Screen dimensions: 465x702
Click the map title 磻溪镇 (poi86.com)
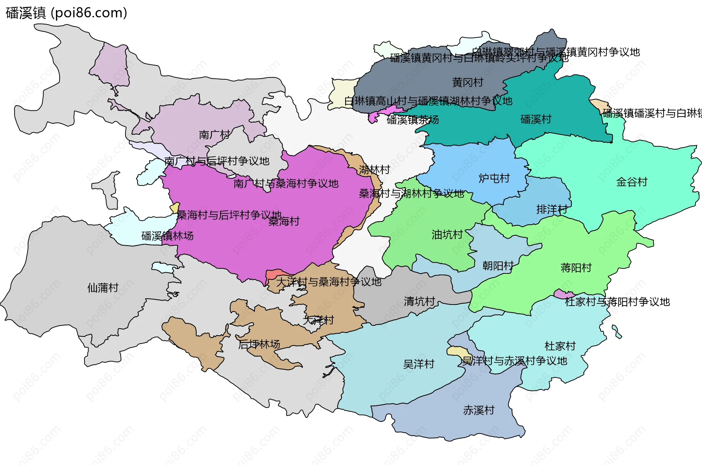click(x=67, y=13)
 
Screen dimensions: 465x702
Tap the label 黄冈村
click(x=468, y=82)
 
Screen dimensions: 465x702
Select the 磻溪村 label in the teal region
click(x=536, y=119)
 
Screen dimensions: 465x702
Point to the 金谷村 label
click(x=631, y=182)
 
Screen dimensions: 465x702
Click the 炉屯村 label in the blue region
click(x=494, y=178)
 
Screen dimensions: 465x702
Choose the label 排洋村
click(x=552, y=209)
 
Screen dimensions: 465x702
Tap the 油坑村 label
click(x=447, y=234)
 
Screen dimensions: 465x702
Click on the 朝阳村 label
click(x=498, y=265)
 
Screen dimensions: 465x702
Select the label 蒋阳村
click(x=576, y=268)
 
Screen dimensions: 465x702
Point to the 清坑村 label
click(x=419, y=301)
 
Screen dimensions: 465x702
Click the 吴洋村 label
click(x=418, y=364)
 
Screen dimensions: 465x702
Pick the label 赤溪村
click(x=478, y=410)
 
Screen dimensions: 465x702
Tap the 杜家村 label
click(x=560, y=346)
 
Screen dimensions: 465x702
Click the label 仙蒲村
click(x=103, y=288)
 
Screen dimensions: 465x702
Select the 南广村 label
click(x=214, y=135)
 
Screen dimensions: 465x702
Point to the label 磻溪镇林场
click(x=167, y=236)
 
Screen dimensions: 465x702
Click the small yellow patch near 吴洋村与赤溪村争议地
click(x=454, y=351)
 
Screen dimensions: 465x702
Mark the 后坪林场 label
click(x=259, y=344)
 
